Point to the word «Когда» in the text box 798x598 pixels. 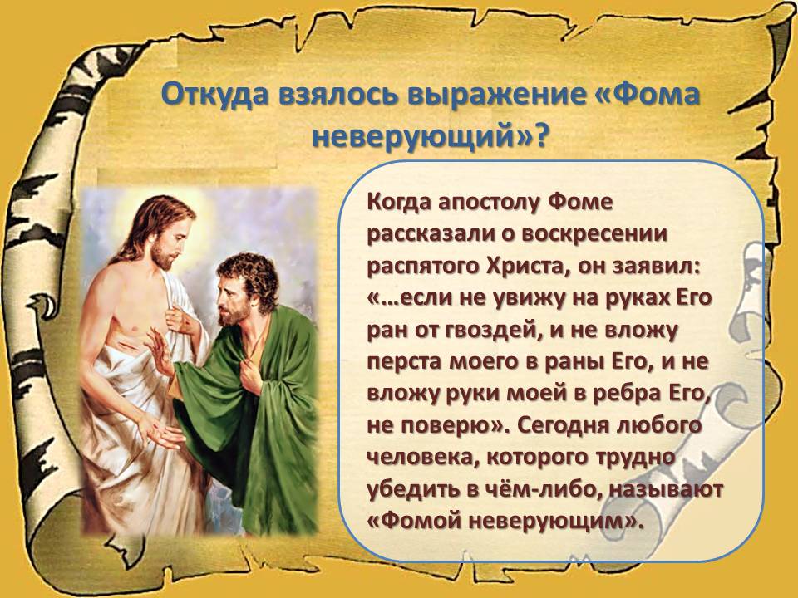[399, 203]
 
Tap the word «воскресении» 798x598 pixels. [594, 234]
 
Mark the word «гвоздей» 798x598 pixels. [488, 331]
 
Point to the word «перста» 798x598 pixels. [403, 362]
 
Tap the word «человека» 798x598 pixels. [422, 458]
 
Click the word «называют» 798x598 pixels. [666, 489]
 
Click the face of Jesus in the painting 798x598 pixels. [170, 239]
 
